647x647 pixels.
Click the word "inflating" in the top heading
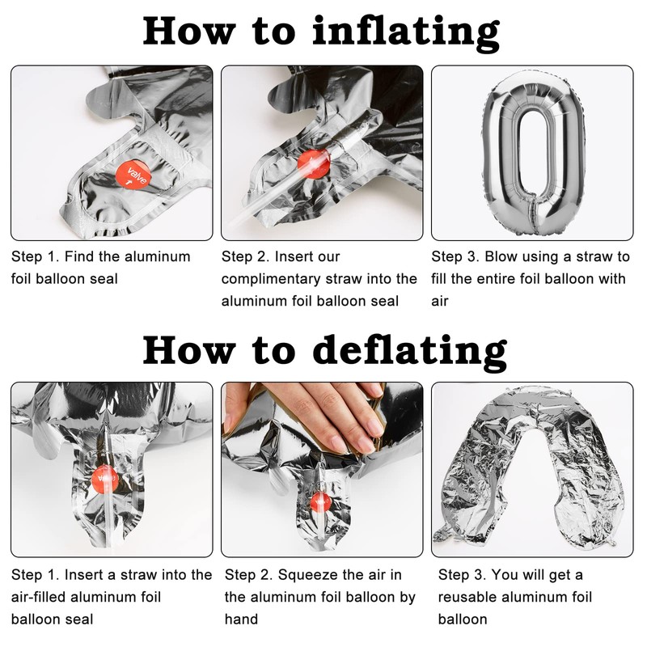point(407,33)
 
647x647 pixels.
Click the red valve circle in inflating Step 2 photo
point(314,164)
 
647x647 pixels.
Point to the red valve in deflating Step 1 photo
point(104,480)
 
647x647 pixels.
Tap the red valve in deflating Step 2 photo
point(320,501)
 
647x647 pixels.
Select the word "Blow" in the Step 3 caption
point(501,256)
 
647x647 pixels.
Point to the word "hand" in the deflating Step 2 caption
point(241,620)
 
